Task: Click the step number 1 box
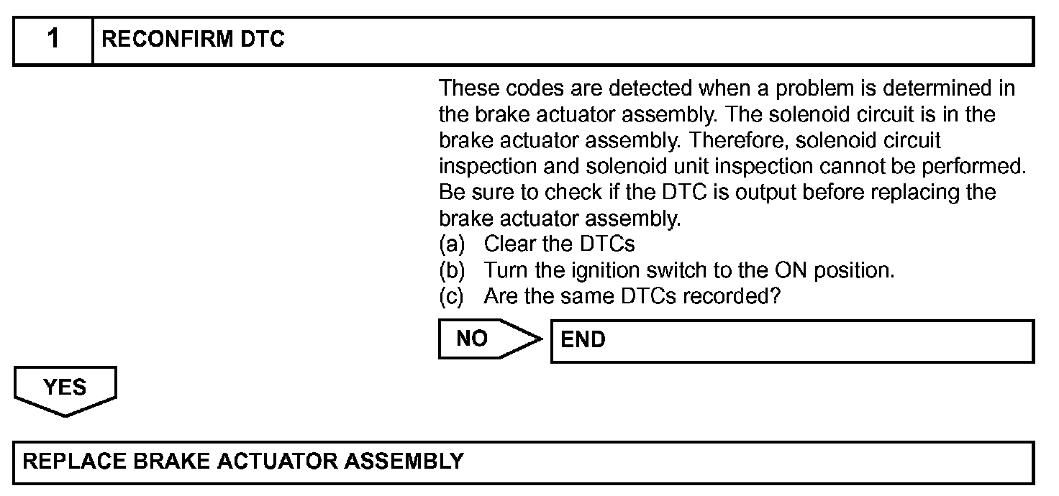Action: pos(53,40)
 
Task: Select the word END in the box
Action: pos(583,339)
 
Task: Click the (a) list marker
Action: pos(452,244)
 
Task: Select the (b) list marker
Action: pos(452,270)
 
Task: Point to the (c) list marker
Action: pos(452,296)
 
